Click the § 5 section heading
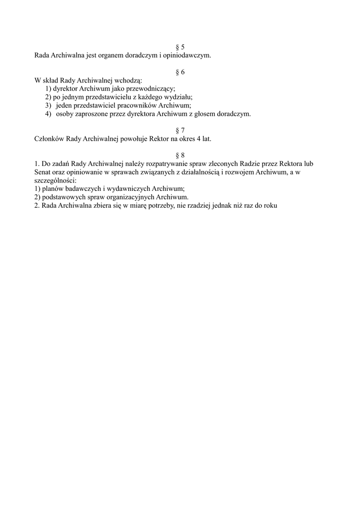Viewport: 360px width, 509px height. (180, 47)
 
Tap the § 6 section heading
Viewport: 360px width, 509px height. (180, 72)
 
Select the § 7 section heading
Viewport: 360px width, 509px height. (180, 130)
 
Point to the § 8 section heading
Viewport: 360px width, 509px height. (180, 155)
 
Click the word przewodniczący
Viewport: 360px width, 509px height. (147, 89)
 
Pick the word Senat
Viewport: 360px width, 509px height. (42, 172)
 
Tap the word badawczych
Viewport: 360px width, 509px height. (81, 188)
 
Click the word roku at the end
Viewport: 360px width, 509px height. (269, 205)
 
